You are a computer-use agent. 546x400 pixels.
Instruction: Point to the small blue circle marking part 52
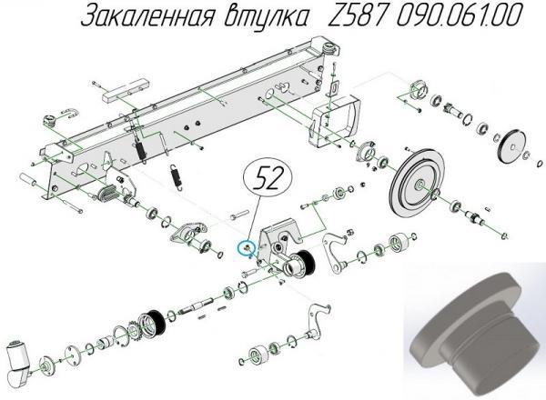pos(244,245)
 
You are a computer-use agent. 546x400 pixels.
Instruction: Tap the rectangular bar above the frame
pos(122,91)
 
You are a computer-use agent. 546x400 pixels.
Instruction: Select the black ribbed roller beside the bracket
pos(299,265)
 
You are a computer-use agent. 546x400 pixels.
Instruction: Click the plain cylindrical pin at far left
pos(27,183)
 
